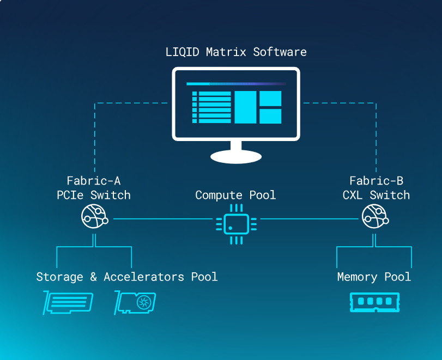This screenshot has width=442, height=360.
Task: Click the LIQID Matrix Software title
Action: [236, 52]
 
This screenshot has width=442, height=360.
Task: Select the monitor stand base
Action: [236, 156]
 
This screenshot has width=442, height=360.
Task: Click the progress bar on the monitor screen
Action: [236, 84]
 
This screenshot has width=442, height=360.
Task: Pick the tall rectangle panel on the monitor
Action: [245, 107]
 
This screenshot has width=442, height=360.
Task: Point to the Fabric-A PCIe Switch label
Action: [94, 188]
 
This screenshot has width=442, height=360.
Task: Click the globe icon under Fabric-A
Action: [94, 217]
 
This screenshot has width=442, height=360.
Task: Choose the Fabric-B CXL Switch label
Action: [377, 188]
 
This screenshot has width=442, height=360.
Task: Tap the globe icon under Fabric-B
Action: [374, 217]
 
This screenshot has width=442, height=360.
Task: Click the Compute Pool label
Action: [235, 195]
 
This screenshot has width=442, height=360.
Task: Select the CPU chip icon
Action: [236, 223]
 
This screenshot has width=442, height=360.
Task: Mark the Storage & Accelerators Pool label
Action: [127, 277]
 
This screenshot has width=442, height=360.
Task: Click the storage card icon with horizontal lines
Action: [68, 303]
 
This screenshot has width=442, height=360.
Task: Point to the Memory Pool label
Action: [374, 277]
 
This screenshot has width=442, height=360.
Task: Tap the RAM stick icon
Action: [374, 302]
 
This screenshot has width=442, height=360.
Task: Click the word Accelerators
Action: [144, 277]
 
